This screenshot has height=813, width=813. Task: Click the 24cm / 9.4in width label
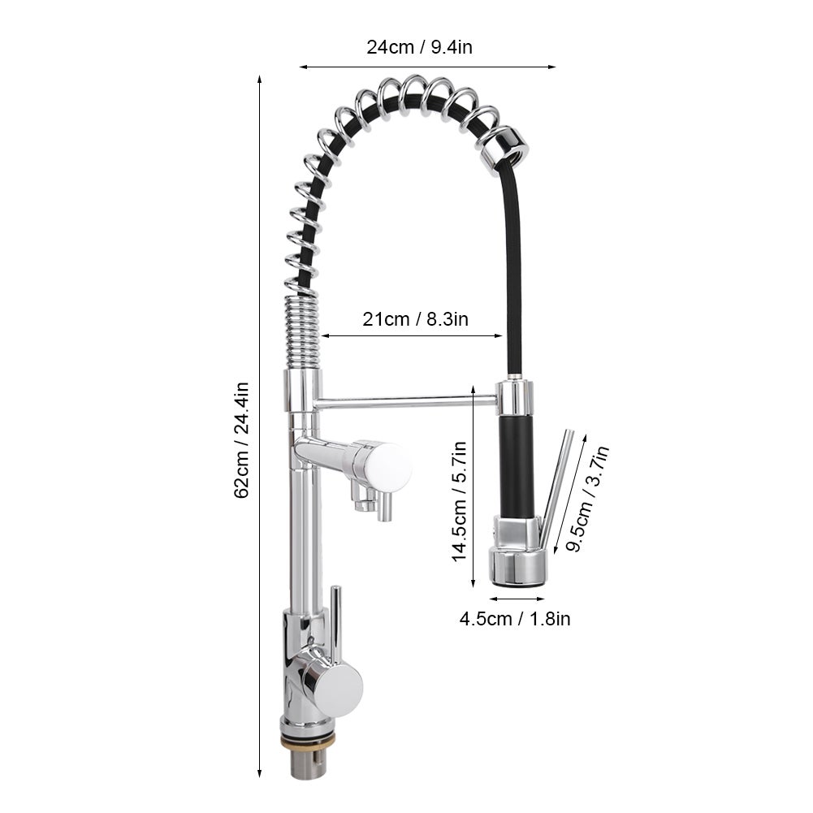pos(419,47)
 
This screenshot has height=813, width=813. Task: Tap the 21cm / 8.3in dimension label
pos(415,319)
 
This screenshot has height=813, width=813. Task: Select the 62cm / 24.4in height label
pos(241,440)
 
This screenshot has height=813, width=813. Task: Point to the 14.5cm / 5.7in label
pos(459,501)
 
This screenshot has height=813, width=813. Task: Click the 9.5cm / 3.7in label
pos(587,499)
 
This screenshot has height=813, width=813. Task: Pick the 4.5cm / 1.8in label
pos(515,619)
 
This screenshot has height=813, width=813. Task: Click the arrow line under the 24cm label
pos(427,67)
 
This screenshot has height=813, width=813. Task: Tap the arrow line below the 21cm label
pos(413,336)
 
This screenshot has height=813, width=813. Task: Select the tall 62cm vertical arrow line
pos(260,426)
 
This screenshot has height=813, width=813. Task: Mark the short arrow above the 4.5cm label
pos(517,599)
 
